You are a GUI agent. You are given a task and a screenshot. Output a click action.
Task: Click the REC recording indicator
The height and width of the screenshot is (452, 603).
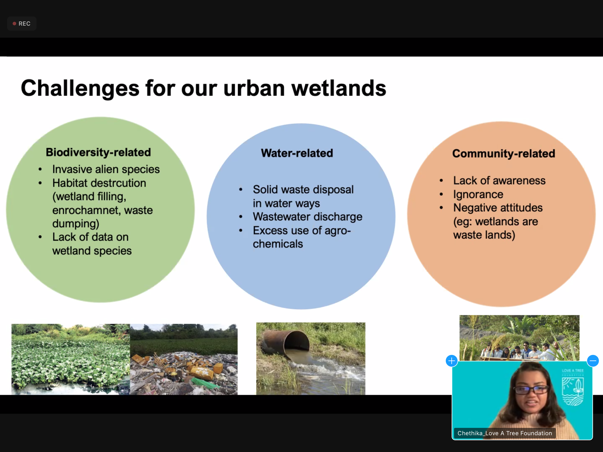point(21,24)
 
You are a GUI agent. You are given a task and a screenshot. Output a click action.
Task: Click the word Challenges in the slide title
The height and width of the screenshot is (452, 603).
point(80,88)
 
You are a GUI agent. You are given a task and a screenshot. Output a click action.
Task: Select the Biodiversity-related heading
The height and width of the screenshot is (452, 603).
point(98,152)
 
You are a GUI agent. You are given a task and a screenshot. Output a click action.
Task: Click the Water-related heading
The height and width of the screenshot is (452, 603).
point(297,153)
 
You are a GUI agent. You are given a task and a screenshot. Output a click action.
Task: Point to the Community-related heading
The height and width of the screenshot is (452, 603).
point(504,154)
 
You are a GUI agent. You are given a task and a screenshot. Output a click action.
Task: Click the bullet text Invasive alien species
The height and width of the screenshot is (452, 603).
point(106,169)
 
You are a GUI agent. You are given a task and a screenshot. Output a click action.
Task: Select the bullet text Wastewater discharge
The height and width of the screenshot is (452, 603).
point(308,217)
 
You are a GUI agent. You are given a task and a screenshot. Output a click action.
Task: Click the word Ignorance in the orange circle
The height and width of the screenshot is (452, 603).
point(478,195)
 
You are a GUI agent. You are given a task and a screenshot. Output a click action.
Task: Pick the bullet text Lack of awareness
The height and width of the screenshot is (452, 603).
point(499,180)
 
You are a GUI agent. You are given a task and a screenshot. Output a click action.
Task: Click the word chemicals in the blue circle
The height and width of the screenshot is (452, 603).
point(278,244)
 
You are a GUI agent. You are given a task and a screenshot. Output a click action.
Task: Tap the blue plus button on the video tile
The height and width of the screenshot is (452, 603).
point(452,361)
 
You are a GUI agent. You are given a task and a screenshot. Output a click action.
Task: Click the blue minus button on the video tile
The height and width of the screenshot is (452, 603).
point(593,361)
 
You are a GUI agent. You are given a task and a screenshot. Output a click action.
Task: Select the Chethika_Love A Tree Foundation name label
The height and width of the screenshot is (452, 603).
point(505,433)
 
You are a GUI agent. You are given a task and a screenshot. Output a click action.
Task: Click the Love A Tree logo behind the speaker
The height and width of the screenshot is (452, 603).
point(573,387)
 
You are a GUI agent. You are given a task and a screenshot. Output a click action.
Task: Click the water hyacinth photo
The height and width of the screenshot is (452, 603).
point(71,359)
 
